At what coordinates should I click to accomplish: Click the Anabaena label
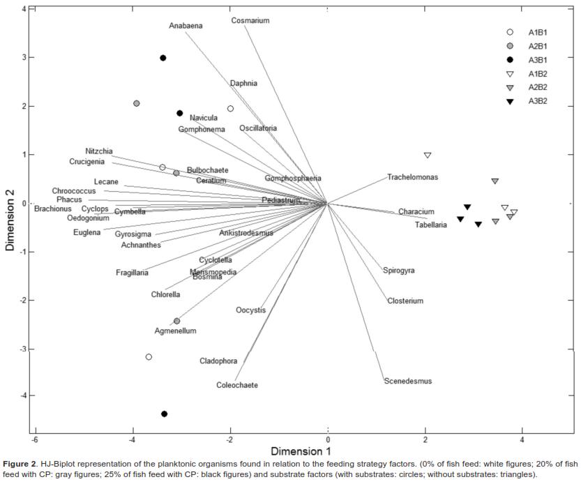click(186, 26)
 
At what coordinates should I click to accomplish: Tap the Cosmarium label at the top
click(250, 21)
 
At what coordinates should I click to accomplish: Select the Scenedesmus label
click(408, 382)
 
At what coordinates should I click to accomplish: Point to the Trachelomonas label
click(413, 177)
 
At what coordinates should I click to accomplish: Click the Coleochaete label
click(236, 385)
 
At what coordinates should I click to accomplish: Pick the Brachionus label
click(52, 209)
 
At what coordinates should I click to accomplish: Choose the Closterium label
click(405, 301)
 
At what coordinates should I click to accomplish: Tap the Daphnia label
click(243, 84)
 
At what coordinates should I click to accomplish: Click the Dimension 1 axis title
click(302, 451)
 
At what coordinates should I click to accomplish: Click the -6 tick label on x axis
click(33, 439)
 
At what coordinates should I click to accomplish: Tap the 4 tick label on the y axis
click(23, 10)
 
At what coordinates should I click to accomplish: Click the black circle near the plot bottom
click(164, 414)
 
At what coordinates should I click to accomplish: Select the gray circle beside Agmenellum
click(176, 321)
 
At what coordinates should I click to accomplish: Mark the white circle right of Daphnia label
click(230, 109)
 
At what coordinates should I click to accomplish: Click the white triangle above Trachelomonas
click(428, 156)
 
